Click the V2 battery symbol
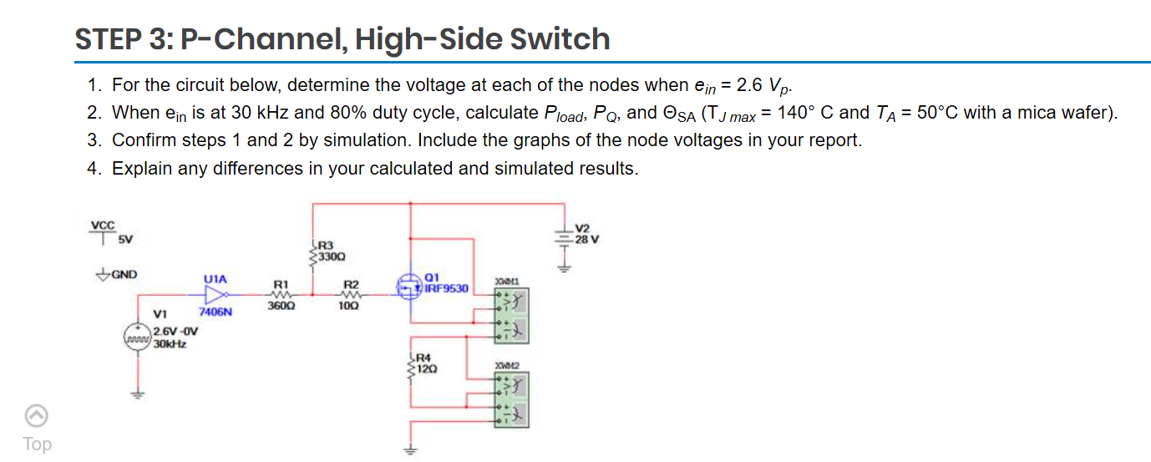click(x=565, y=240)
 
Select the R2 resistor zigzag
click(x=351, y=294)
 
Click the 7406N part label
click(x=215, y=312)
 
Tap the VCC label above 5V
click(x=103, y=225)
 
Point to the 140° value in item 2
click(x=799, y=113)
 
